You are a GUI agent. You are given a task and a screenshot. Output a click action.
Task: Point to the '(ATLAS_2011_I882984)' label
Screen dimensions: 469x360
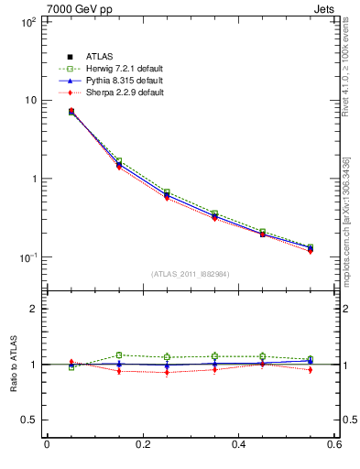click(x=191, y=274)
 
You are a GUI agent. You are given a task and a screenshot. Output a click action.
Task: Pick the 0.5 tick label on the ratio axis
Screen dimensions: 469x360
click(x=29, y=420)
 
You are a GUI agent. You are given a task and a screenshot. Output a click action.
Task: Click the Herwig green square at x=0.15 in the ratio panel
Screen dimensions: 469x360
click(x=119, y=354)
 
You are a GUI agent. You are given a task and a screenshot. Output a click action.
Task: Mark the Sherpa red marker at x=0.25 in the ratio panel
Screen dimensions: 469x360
click(x=167, y=373)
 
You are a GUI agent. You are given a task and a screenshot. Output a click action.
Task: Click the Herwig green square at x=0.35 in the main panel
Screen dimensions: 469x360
click(x=214, y=213)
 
